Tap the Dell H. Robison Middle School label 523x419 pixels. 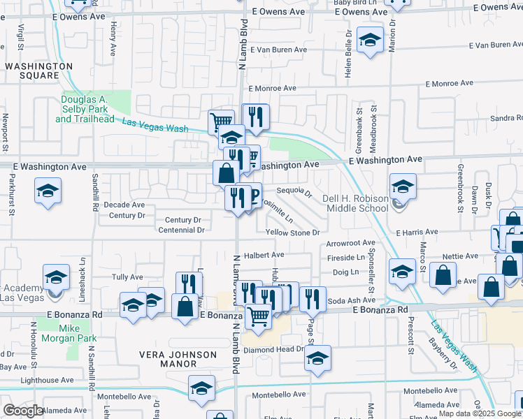pos(355,203)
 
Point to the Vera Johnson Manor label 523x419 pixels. pos(178,359)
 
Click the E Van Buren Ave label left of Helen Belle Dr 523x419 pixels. pos(278,50)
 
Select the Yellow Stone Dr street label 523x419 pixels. pos(292,233)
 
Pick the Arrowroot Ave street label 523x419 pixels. pos(351,244)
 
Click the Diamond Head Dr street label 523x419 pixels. pos(282,349)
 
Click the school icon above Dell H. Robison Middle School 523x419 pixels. pos(402,187)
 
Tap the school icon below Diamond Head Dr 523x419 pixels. pos(317,359)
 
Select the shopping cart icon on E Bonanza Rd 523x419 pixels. pos(258,316)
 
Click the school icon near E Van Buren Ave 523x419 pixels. pos(369,39)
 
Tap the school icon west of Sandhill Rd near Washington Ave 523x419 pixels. pos(48,191)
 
